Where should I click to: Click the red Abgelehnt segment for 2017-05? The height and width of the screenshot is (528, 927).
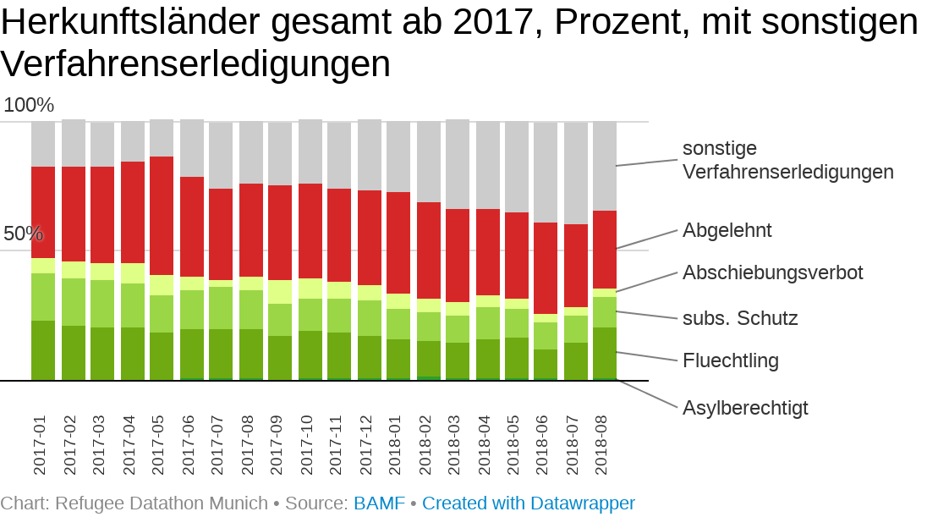coord(162,216)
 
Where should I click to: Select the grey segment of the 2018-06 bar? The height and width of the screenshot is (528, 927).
coord(546,173)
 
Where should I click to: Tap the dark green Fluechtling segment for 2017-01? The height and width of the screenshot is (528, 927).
coord(43,350)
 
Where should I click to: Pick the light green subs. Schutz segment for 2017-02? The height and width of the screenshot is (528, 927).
coord(74,302)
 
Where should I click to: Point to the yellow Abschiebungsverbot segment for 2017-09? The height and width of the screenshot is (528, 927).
coord(280,292)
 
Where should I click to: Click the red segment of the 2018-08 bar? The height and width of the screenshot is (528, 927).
coord(605,250)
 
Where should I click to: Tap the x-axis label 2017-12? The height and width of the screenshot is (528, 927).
coord(365,444)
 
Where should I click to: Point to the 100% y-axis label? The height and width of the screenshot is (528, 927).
coord(29,106)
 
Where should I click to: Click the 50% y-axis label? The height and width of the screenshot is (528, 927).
coord(23,234)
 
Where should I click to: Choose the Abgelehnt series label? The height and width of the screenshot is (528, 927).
coord(727,230)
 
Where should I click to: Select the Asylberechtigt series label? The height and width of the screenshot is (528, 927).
coord(745,408)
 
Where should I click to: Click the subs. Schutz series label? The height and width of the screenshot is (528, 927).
coord(740,318)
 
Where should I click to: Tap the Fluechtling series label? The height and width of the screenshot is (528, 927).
coord(731,361)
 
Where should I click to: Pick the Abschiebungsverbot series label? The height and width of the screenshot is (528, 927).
coord(773,272)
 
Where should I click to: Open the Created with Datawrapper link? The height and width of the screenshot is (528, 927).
coord(529,503)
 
